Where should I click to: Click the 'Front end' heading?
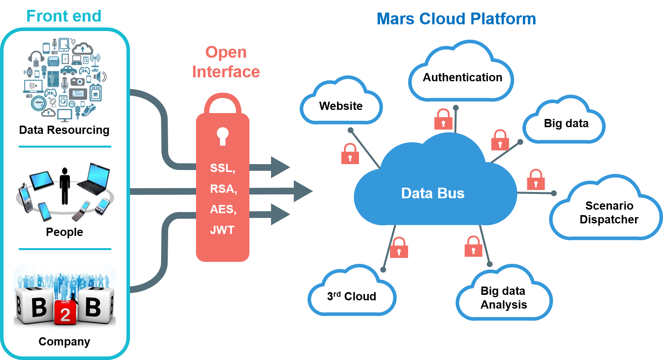coord(64,16)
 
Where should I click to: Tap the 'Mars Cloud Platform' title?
coord(456,19)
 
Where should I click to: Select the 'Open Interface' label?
coord(226,62)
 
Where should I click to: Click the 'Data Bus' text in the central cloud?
coord(432,193)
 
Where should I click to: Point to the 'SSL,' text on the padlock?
coord(223,168)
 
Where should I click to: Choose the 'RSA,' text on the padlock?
coord(223,189)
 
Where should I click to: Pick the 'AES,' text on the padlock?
coord(223,209)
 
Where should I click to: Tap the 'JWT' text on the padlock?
coord(222,230)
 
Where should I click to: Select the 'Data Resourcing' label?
coord(64,130)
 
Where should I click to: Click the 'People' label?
coord(64,232)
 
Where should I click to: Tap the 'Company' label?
coord(64,342)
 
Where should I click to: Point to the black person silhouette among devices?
coord(65,186)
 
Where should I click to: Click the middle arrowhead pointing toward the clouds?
coord(303,191)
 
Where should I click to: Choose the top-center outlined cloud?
coord(461,75)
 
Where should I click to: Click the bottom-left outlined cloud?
coord(352,292)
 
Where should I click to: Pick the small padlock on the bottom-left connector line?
coord(399,248)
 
